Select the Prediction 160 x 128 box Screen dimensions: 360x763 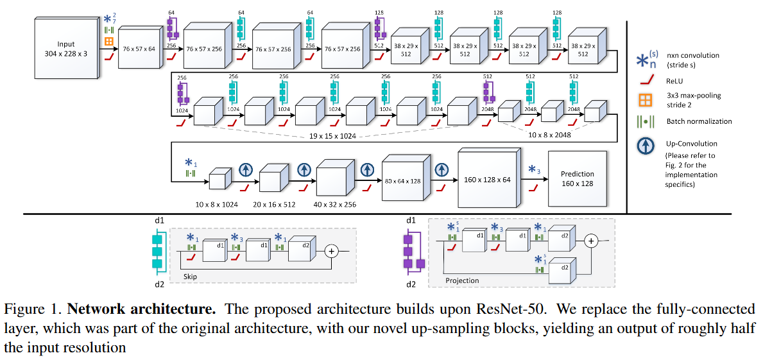click(577, 179)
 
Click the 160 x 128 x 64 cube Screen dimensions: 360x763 click(487, 180)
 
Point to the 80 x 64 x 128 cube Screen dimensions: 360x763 click(403, 182)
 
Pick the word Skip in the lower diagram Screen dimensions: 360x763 click(190, 277)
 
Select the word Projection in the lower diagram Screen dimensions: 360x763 click(462, 280)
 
